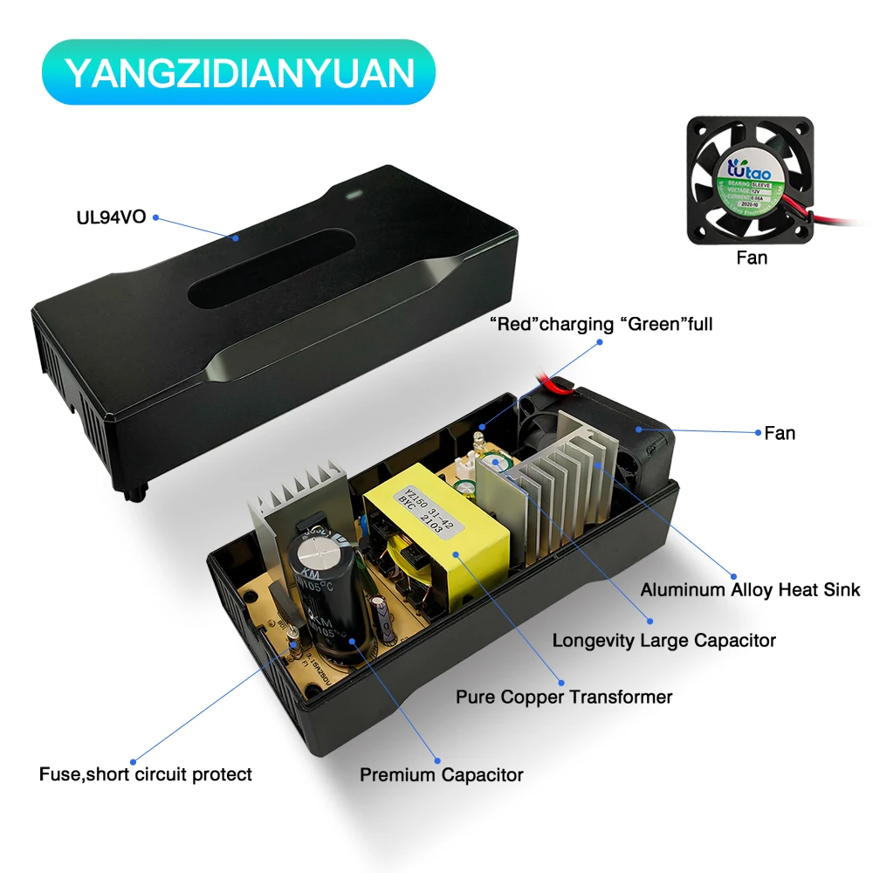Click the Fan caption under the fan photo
point(752,258)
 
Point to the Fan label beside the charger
point(780,432)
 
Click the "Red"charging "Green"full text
point(601,325)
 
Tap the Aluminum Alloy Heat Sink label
point(750,589)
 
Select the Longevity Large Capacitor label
point(663,641)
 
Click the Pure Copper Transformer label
point(564,697)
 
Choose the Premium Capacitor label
point(442,774)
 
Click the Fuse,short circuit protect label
point(146,774)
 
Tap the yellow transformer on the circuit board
point(436,533)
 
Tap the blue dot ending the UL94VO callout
point(235,236)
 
